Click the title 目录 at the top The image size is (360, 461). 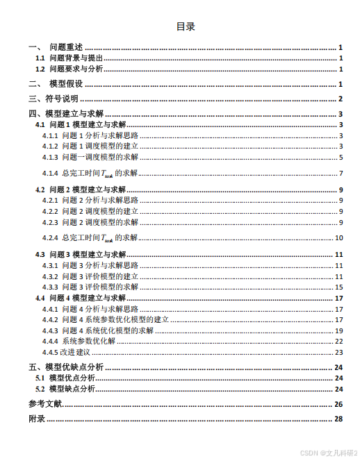[x=185, y=27]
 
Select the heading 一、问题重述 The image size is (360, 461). [x=56, y=47]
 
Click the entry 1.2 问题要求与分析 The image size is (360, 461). [x=69, y=69]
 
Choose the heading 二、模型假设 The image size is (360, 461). [x=56, y=84]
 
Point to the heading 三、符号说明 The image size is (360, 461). [x=53, y=99]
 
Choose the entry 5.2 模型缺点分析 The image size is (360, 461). [x=75, y=389]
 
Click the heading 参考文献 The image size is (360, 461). [x=45, y=404]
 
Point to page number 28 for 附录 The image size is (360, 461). [x=339, y=419]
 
